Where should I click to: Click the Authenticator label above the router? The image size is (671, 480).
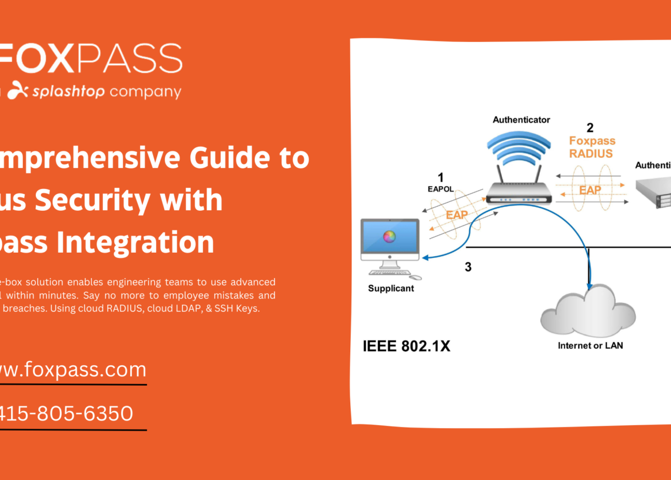point(521,120)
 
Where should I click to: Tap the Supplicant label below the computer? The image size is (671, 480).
point(391,289)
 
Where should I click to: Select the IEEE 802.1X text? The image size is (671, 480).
point(406,346)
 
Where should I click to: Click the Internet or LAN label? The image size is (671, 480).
point(590,346)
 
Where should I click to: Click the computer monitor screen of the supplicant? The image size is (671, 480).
point(389,237)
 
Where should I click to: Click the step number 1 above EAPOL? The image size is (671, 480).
point(441,177)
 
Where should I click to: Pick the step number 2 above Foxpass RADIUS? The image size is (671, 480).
point(590,127)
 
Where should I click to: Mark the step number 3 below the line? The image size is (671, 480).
point(468,267)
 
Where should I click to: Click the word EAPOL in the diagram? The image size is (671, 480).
point(441,190)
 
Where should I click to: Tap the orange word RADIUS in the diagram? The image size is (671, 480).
point(591,154)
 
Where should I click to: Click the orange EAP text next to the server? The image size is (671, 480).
point(590,190)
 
